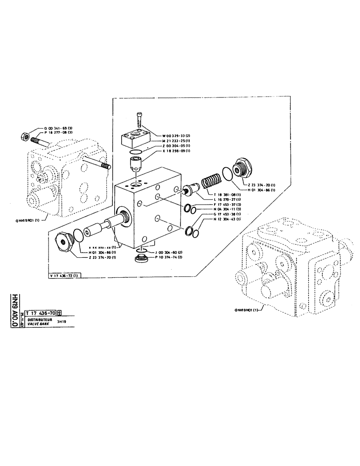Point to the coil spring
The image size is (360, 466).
[x=211, y=179]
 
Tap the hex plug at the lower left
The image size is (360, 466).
[x=64, y=242]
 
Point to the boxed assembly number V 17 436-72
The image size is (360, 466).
[x=66, y=275]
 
